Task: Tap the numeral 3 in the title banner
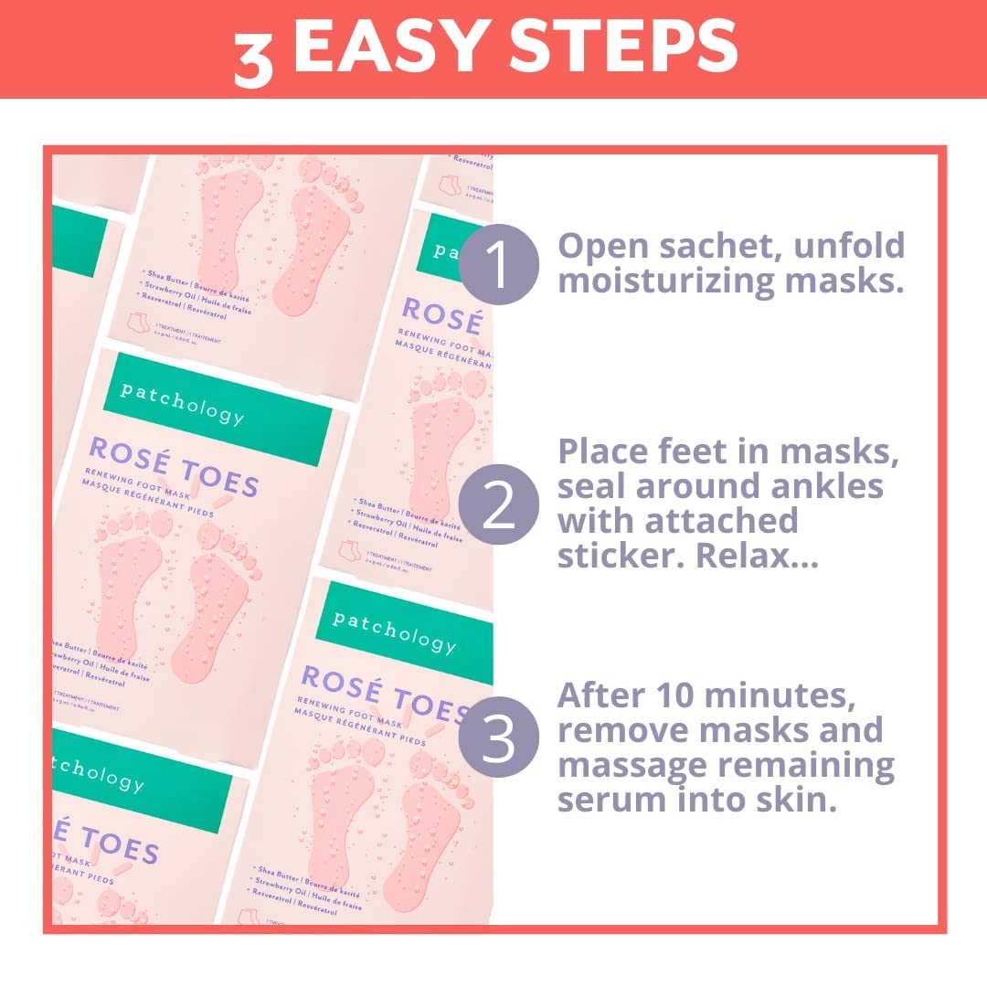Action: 253,57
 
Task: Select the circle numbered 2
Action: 499,505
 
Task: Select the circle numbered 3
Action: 499,739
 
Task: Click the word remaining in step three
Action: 810,765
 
